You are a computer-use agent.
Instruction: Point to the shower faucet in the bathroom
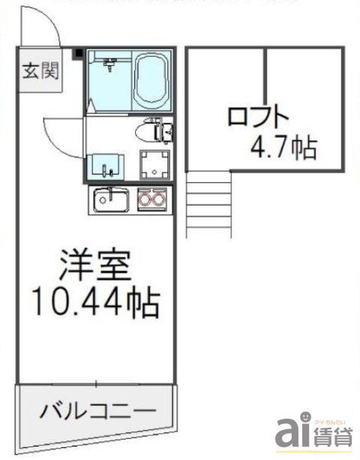click(x=109, y=65)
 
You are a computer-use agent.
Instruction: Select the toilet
click(x=150, y=133)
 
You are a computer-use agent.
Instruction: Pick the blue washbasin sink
click(x=103, y=164)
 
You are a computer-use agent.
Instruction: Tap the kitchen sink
click(x=111, y=200)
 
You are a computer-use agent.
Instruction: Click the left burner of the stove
click(x=145, y=200)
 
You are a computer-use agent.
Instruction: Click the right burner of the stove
click(x=159, y=200)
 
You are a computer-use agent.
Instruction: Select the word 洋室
click(x=96, y=265)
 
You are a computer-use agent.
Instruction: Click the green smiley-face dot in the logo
click(x=306, y=417)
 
